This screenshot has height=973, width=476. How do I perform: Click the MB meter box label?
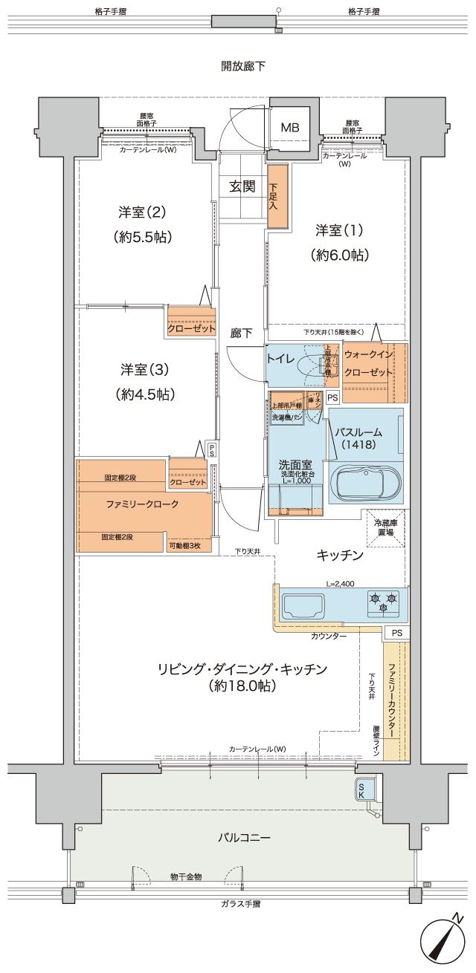point(289,128)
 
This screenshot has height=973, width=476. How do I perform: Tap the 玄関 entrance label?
point(242,186)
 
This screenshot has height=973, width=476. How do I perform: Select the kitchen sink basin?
point(303,605)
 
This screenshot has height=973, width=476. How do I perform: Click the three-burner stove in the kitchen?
point(383,602)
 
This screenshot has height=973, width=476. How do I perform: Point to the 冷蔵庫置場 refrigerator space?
point(385,527)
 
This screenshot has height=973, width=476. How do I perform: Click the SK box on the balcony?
point(362,790)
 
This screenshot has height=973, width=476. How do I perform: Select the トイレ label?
point(282,357)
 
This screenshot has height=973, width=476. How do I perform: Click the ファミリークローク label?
point(141,504)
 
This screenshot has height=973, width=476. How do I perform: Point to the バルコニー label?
point(243,837)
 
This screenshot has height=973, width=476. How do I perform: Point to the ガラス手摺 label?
point(240,903)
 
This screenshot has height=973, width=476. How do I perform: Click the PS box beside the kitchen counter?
point(396,633)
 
